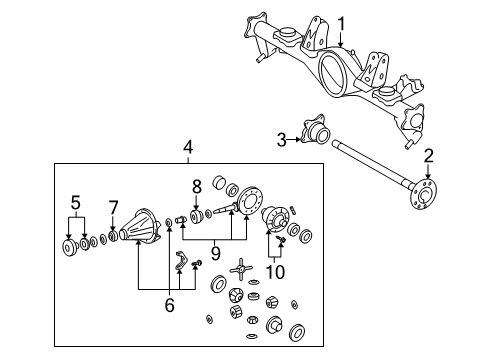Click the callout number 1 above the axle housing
(x=341, y=23)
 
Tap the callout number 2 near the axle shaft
(x=428, y=155)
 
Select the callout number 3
(x=283, y=139)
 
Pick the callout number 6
(x=168, y=304)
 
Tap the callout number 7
(x=114, y=207)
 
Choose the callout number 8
(x=197, y=185)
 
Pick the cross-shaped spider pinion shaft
(x=240, y=270)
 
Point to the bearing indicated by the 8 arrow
(x=196, y=215)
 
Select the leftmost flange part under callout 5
(x=67, y=247)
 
